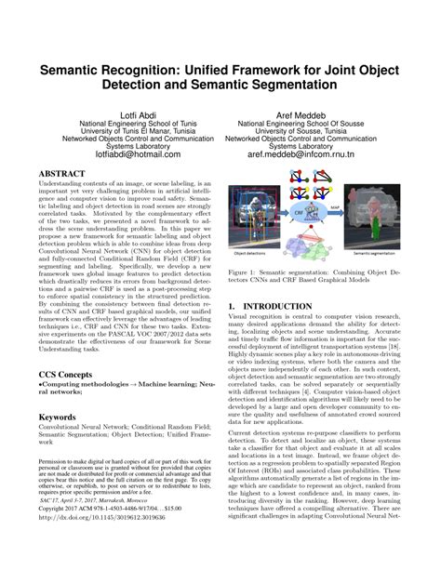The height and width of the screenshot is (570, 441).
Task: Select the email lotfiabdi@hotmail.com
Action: coord(117,157)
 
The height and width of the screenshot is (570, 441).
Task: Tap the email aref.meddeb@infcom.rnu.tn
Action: coord(323,157)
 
